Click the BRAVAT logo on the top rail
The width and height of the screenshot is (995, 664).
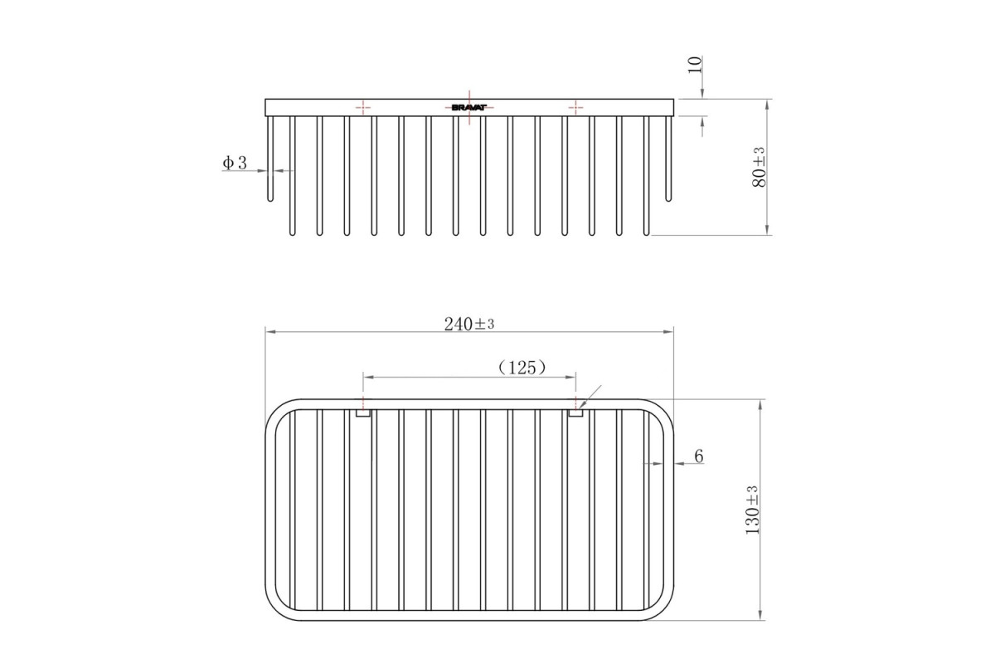tap(469, 108)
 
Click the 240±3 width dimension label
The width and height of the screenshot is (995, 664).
tap(469, 325)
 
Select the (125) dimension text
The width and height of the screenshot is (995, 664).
tap(522, 368)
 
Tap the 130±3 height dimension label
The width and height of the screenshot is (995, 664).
tap(752, 510)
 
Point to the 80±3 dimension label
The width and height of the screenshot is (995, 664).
tap(760, 167)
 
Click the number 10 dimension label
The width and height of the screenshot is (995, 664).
tap(695, 65)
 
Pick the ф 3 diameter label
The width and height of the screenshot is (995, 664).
tap(235, 163)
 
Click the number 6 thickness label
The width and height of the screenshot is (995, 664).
tap(699, 456)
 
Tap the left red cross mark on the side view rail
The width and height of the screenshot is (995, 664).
tap(363, 107)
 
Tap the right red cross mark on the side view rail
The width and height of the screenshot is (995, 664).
tap(575, 107)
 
